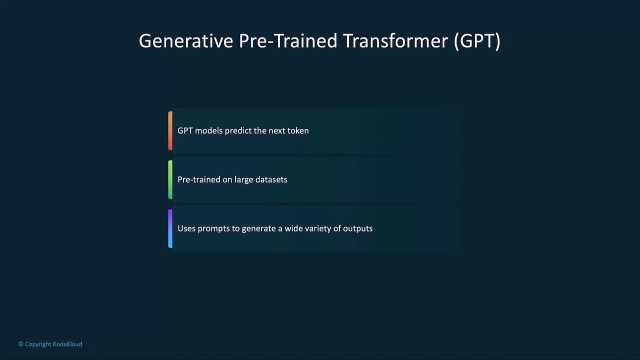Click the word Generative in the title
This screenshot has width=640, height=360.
pos(185,41)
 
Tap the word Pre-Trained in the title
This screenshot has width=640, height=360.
pos(288,41)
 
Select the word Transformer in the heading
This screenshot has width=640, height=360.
pos(395,41)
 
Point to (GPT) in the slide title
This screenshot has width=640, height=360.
pos(477,41)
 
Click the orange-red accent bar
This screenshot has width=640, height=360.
pos(170,131)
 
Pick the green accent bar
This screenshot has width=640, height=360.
pos(170,179)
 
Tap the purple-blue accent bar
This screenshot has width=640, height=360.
pos(170,228)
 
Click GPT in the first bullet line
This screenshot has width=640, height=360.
pos(185,130)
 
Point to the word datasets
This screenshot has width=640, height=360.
pos(271,179)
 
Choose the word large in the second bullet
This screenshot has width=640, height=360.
pos(243,180)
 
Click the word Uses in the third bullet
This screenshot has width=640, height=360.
pos(186,228)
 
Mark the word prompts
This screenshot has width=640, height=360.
pos(213,229)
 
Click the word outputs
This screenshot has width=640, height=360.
pos(357,229)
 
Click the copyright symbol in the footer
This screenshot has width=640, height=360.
pos(21,344)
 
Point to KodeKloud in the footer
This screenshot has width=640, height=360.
pos(67,344)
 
